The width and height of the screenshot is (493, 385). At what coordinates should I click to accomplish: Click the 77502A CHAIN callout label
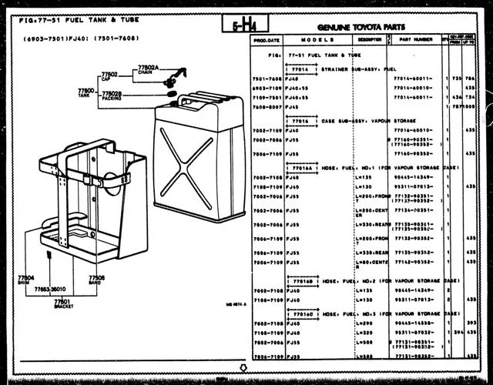(148, 70)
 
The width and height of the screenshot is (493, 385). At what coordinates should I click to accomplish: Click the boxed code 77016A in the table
(302, 167)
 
